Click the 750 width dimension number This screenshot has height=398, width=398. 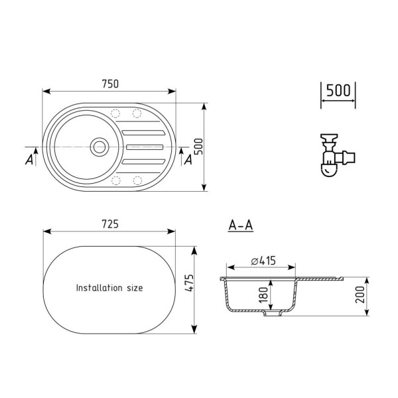pos(110,84)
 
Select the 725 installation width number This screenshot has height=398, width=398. pos(110,224)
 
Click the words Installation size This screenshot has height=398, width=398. pos(109,288)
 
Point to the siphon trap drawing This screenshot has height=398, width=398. pos(335,157)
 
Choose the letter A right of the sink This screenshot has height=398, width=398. pos(188,159)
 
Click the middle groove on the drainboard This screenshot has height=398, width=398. pos(144,146)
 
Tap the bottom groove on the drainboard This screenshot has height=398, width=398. pos(144,159)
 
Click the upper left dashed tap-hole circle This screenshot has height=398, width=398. pos(117,112)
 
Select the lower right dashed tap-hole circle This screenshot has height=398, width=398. pos(139,180)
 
